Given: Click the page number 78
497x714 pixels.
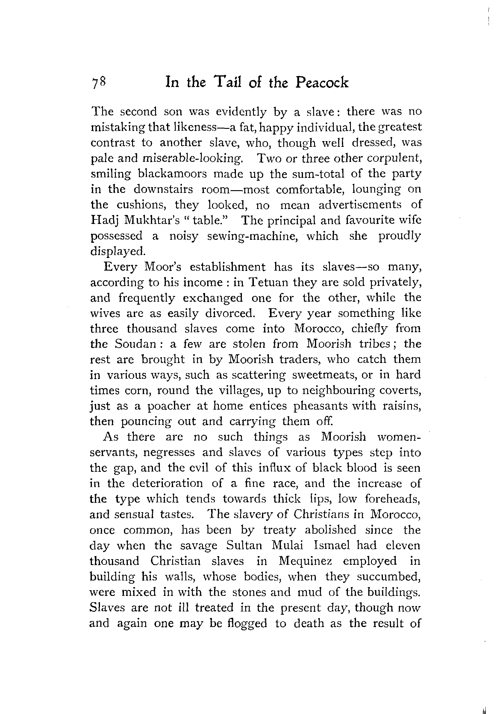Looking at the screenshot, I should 99,83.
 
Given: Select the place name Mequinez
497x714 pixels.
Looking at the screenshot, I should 305,561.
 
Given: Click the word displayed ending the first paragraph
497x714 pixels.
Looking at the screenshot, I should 118,251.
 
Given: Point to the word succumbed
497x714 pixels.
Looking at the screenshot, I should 389,576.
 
